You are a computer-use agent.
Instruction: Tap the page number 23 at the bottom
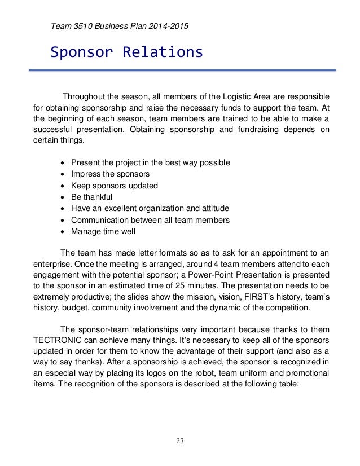coord(180,441)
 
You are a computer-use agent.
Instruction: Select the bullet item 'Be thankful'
coord(91,197)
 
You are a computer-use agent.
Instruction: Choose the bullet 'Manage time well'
coord(103,231)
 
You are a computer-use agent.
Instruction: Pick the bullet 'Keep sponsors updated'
coord(114,186)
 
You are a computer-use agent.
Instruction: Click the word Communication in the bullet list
coord(99,220)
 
